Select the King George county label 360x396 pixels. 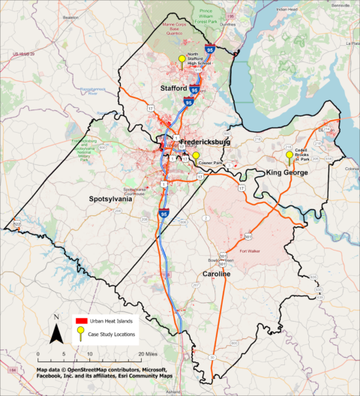(289, 173)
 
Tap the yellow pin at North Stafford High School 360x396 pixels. (181, 60)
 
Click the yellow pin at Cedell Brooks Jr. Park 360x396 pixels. (289, 156)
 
